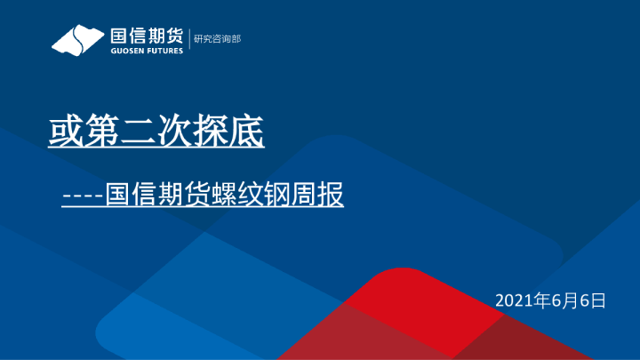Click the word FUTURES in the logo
pos(165,51)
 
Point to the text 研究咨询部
pos(217,38)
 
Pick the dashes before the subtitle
pos(83,195)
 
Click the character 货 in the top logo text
pos(173,36)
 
